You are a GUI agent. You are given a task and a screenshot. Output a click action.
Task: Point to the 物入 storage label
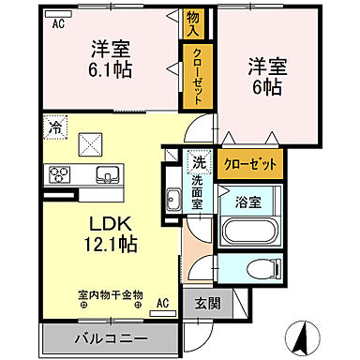click(193, 23)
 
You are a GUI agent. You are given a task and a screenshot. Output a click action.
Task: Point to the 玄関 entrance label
click(208, 304)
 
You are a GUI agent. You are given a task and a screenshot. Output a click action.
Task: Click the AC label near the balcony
click(162, 303)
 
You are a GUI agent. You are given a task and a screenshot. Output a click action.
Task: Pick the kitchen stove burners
click(60, 174)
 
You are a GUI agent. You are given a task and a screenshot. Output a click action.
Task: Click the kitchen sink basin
click(107, 174)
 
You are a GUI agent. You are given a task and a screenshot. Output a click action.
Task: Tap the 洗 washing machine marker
click(198, 160)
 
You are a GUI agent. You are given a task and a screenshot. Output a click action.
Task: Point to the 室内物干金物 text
click(111, 293)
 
